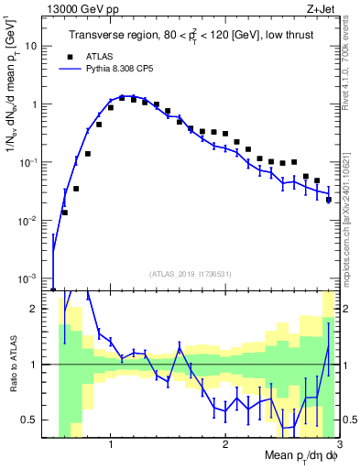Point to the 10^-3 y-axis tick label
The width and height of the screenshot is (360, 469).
(35, 278)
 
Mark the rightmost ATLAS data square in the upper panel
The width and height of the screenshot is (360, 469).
(328, 199)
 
